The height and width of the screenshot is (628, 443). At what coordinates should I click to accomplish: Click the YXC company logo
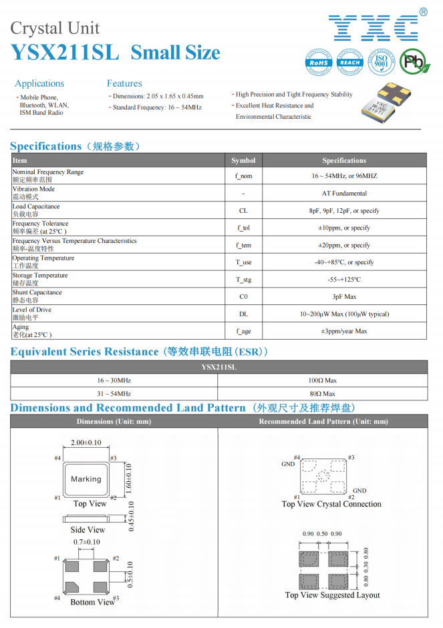[x=374, y=27]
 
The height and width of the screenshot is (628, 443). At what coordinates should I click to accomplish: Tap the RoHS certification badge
[x=319, y=61]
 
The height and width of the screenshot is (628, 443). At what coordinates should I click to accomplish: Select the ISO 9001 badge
[x=382, y=61]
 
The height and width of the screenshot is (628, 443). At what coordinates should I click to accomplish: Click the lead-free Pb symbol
[x=415, y=62]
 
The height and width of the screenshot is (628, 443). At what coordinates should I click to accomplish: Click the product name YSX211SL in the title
[x=65, y=53]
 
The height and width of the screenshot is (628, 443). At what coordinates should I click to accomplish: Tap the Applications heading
[x=39, y=83]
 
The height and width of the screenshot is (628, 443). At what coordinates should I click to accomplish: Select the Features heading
[x=124, y=83]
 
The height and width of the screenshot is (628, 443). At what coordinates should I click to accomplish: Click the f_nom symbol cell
[x=243, y=176]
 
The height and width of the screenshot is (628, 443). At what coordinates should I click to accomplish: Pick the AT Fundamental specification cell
[x=344, y=194]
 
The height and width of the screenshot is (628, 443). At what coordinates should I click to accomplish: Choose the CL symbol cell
[x=243, y=211]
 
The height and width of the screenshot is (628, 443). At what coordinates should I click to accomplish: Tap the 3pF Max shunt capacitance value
[x=344, y=297]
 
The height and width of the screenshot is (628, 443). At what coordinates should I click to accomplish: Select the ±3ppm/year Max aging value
[x=344, y=331]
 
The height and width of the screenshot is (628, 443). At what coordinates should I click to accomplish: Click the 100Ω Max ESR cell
[x=322, y=380]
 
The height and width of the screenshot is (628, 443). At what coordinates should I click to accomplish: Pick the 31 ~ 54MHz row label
[x=114, y=394]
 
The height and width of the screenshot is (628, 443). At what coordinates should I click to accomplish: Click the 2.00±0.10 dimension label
[x=86, y=443]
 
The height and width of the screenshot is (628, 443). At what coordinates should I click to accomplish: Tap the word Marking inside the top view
[x=86, y=479]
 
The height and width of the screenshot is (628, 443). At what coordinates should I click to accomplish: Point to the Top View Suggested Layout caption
[x=332, y=595]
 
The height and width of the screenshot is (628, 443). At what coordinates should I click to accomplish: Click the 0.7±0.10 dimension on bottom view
[x=86, y=543]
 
